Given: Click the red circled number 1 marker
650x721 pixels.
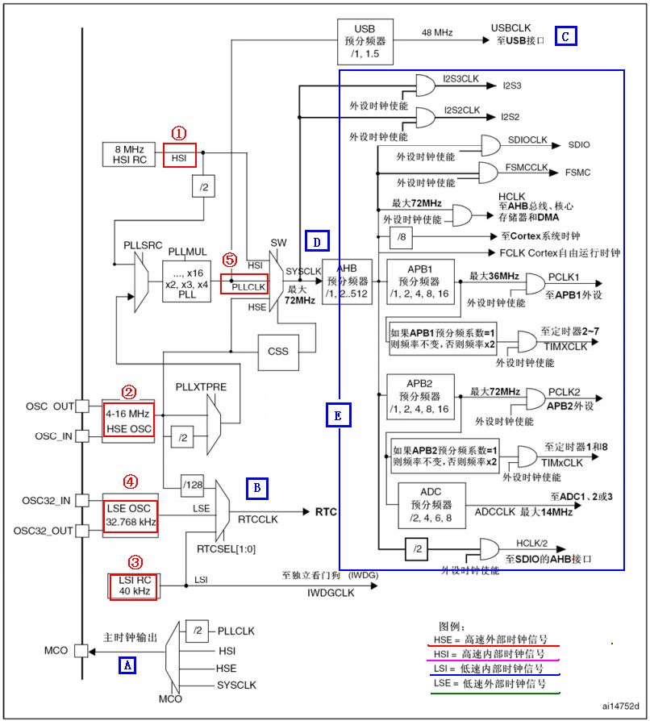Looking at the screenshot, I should tap(179, 131).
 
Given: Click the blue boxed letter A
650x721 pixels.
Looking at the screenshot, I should tap(127, 665).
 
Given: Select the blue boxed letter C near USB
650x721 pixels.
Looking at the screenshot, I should tap(565, 35).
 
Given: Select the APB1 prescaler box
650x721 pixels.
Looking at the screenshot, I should tap(420, 281).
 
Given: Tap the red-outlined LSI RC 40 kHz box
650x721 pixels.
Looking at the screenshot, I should tap(133, 586).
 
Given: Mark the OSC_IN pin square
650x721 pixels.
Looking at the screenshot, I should tap(81, 436).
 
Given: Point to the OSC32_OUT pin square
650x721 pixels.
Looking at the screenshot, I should tap(81, 531).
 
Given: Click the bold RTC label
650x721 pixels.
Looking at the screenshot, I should tap(326, 512).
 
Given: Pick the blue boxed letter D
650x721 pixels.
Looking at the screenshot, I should tap(316, 240).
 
